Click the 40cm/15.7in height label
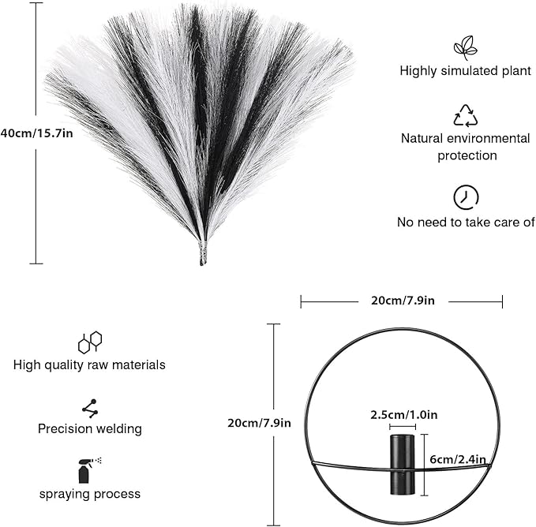pyautogui.click(x=36, y=133)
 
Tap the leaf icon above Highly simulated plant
pyautogui.click(x=465, y=48)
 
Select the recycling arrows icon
pyautogui.click(x=465, y=115)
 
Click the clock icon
pyautogui.click(x=466, y=197)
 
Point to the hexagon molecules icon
pyautogui.click(x=90, y=342)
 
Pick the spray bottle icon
pyautogui.click(x=89, y=470)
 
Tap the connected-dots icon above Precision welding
pyautogui.click(x=90, y=409)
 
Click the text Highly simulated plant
pyautogui.click(x=465, y=71)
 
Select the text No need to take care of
pyautogui.click(x=466, y=222)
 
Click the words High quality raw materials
pyautogui.click(x=89, y=365)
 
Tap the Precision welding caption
pyautogui.click(x=90, y=429)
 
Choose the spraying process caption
pyautogui.click(x=90, y=494)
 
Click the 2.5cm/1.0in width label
pyautogui.click(x=403, y=415)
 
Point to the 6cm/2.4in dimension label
pyautogui.click(x=458, y=459)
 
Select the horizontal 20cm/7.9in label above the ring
pyautogui.click(x=403, y=301)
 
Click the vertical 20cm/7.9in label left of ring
pyautogui.click(x=259, y=423)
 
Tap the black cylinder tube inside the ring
pyautogui.click(x=403, y=465)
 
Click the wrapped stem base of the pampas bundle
pyautogui.click(x=203, y=253)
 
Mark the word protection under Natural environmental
pyautogui.click(x=467, y=155)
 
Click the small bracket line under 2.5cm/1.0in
pyautogui.click(x=403, y=427)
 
